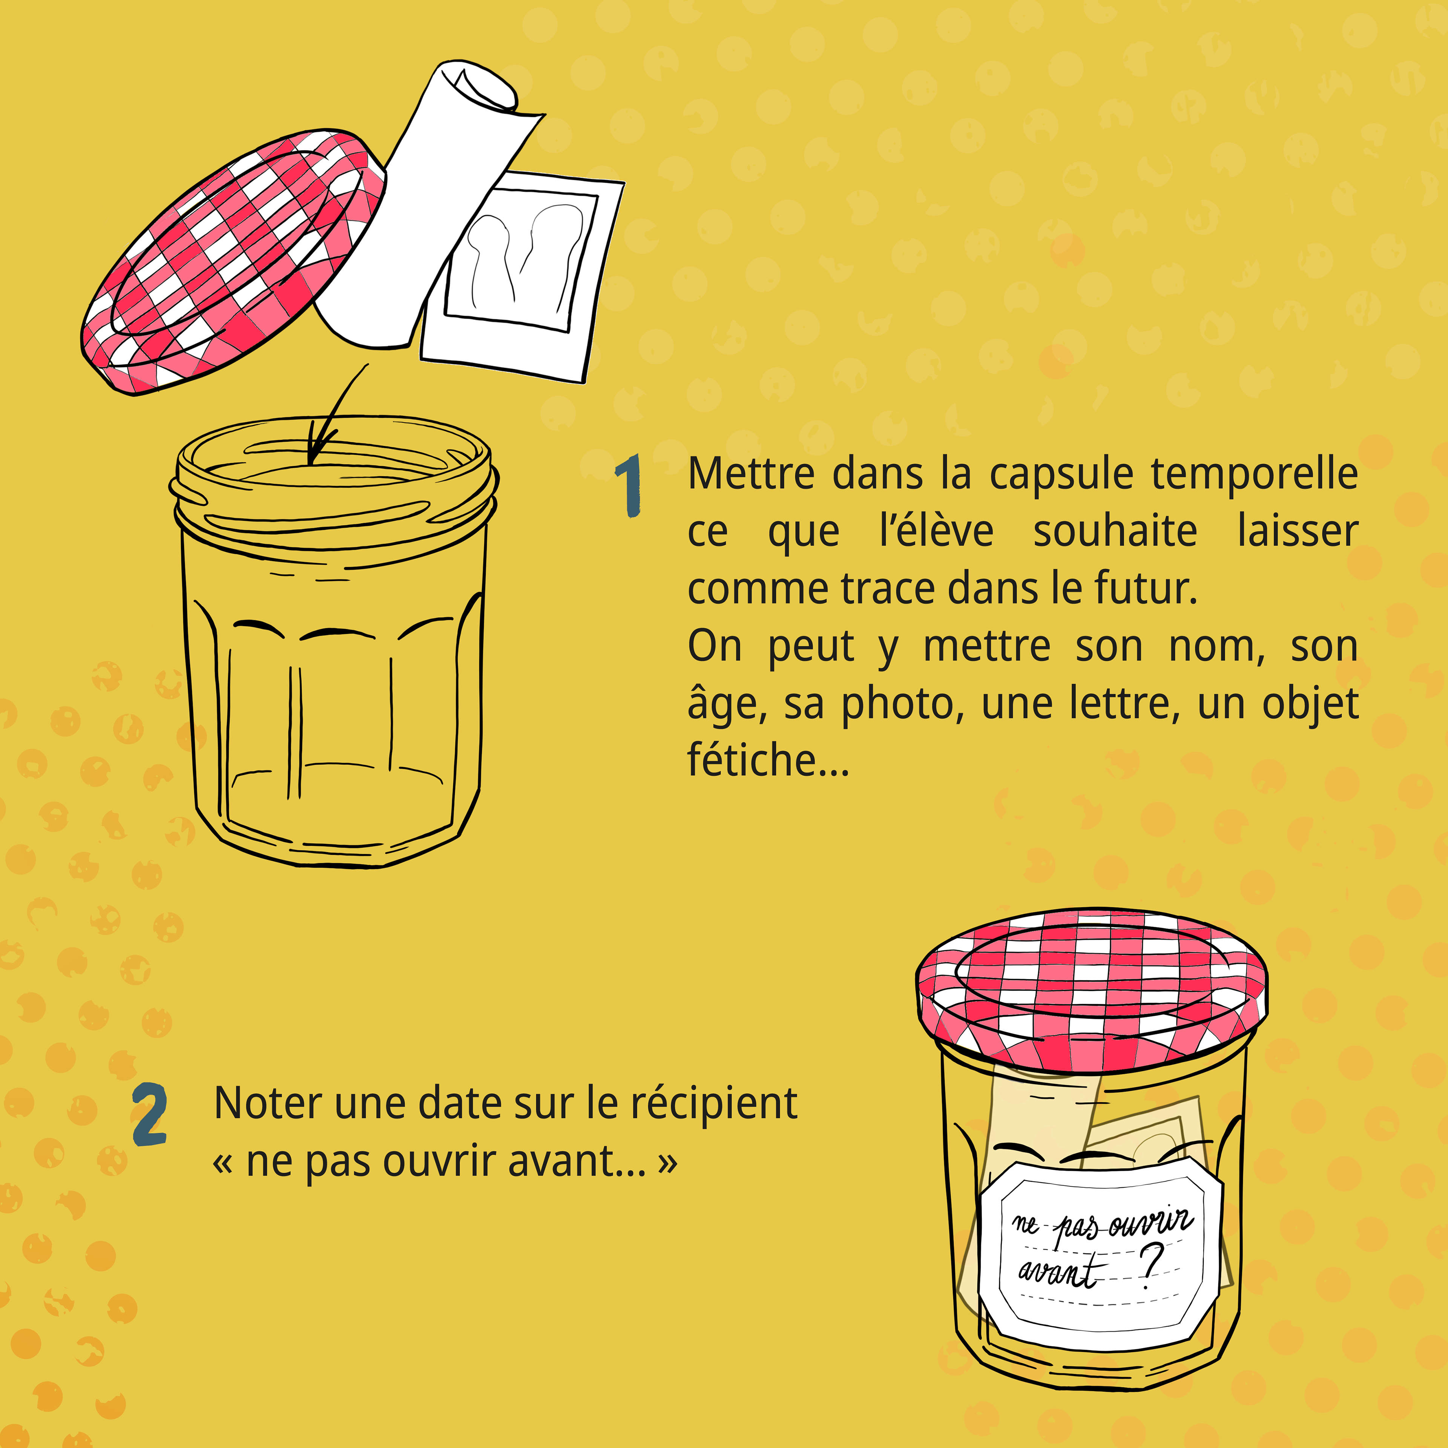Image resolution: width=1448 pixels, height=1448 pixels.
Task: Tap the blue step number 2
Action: coord(149,1115)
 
